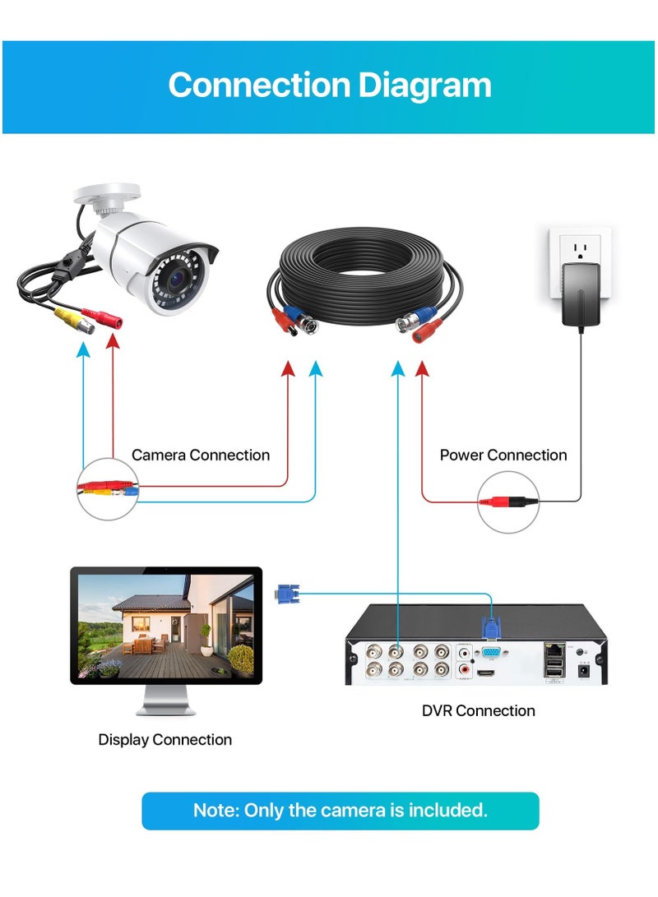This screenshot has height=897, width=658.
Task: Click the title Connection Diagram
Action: [329, 86]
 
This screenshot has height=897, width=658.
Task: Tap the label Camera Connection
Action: [200, 455]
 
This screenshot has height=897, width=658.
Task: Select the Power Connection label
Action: [503, 455]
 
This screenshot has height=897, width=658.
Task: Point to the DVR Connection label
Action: [478, 710]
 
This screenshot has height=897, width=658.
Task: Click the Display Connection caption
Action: [164, 739]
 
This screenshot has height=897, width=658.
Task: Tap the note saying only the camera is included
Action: [340, 810]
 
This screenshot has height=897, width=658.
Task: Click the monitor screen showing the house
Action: [166, 624]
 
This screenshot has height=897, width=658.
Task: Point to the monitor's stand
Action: [165, 702]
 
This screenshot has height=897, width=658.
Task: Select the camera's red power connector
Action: [106, 320]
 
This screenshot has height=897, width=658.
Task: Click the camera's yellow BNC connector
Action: [72, 321]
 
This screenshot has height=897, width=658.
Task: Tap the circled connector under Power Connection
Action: [508, 501]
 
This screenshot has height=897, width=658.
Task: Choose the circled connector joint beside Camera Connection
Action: [108, 488]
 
